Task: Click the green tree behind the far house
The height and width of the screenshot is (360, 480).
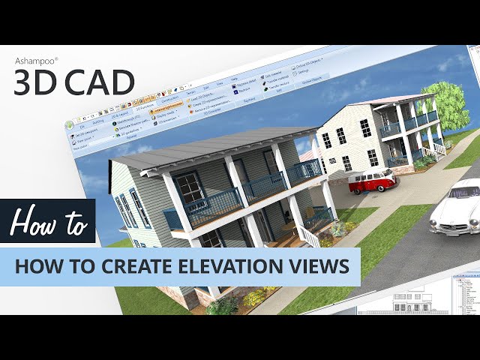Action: [x=448, y=100]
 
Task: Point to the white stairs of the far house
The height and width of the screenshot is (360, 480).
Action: [x=436, y=147]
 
